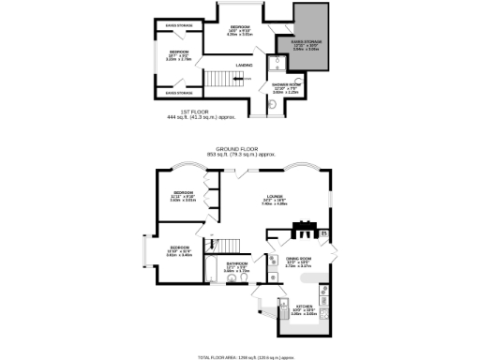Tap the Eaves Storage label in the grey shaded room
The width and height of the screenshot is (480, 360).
(x=301, y=40)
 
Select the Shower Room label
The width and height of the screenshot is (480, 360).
(x=285, y=90)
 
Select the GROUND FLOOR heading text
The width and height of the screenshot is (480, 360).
(x=238, y=148)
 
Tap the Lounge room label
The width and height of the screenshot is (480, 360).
(x=275, y=197)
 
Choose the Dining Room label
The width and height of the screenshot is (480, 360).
(x=298, y=262)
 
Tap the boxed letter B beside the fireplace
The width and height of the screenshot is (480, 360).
(x=324, y=232)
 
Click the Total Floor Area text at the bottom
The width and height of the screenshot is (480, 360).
(x=239, y=357)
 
